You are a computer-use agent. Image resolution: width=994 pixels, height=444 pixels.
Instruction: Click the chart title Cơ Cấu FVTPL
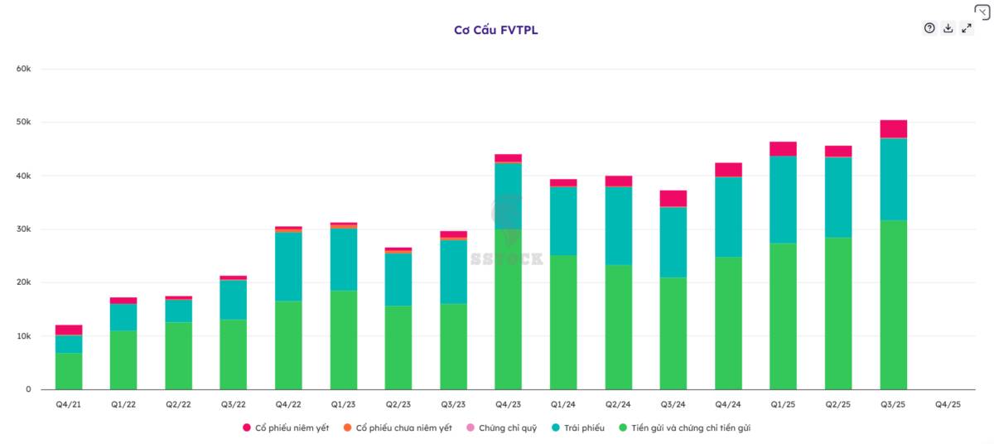pos(495,30)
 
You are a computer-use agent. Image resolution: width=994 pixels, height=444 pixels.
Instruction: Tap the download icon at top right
pos(948,28)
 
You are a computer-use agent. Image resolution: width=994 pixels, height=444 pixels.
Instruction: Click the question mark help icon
pos(929,28)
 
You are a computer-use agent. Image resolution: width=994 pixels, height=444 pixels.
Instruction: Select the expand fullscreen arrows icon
pos(967,28)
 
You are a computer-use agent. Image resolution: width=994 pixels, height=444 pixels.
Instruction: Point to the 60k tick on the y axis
pos(23,69)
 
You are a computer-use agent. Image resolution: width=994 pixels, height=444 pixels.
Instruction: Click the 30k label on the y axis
pos(23,229)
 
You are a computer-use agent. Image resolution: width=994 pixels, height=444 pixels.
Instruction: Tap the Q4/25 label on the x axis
pos(948,404)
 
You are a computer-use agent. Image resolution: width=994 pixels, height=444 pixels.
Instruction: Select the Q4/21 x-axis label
pos(68,404)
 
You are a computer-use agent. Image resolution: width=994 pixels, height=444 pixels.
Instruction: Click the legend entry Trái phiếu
pos(578,428)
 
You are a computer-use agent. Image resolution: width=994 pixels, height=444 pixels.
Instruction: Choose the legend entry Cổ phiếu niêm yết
pos(287,428)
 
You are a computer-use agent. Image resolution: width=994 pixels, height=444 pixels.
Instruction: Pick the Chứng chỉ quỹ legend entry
pos(502,428)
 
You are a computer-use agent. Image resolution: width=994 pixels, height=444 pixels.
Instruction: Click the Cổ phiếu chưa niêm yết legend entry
pos(398,428)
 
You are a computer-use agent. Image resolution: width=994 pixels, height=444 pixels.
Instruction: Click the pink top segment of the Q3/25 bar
pos(893,129)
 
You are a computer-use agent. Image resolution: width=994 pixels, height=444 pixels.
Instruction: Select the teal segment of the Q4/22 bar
pos(288,267)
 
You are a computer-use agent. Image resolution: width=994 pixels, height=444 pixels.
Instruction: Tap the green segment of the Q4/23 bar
pos(508,309)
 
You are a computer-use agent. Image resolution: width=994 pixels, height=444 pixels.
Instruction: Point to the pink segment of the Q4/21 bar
pos(69,330)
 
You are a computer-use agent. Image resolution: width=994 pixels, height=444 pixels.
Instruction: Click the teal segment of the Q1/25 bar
pos(784,200)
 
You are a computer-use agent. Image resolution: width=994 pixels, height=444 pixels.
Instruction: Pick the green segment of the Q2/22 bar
pos(178,355)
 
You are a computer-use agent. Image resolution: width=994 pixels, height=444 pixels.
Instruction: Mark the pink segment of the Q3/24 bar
pos(673,199)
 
